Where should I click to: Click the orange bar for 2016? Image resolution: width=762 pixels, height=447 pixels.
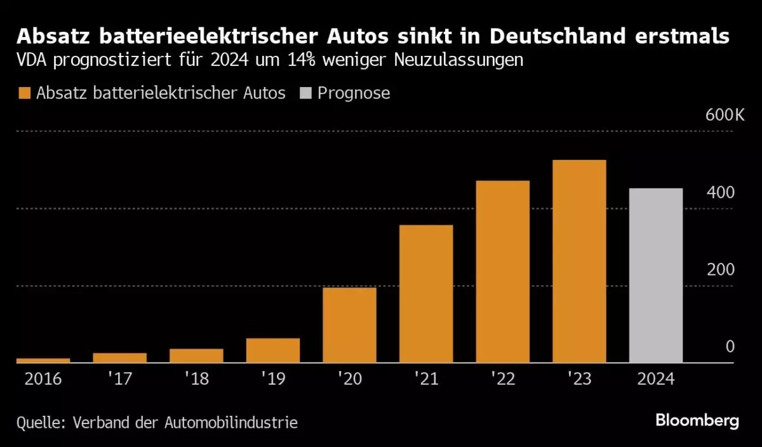pyautogui.click(x=43, y=360)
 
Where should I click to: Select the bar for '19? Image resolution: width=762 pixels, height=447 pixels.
pyautogui.click(x=273, y=350)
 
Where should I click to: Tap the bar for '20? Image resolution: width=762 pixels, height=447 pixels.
pyautogui.click(x=349, y=325)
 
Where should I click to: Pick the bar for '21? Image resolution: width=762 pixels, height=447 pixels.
pyautogui.click(x=426, y=294)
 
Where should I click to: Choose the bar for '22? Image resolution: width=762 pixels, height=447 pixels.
pyautogui.click(x=502, y=272)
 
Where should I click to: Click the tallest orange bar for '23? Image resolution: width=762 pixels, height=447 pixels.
pyautogui.click(x=579, y=261)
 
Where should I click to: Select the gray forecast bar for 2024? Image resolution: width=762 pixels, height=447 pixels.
pyautogui.click(x=655, y=276)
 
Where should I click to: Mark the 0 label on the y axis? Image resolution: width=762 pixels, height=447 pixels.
pyautogui.click(x=730, y=346)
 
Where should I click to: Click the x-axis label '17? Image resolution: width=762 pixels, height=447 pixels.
pyautogui.click(x=119, y=379)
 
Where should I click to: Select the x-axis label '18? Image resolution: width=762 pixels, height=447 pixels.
pyautogui.click(x=196, y=379)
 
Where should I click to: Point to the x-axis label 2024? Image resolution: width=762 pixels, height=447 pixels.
pyautogui.click(x=655, y=379)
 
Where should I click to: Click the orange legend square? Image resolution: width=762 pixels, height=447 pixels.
pyautogui.click(x=25, y=93)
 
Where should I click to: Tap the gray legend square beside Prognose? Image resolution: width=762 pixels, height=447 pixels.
pyautogui.click(x=305, y=93)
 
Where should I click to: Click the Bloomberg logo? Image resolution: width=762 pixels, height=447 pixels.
pyautogui.click(x=697, y=421)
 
